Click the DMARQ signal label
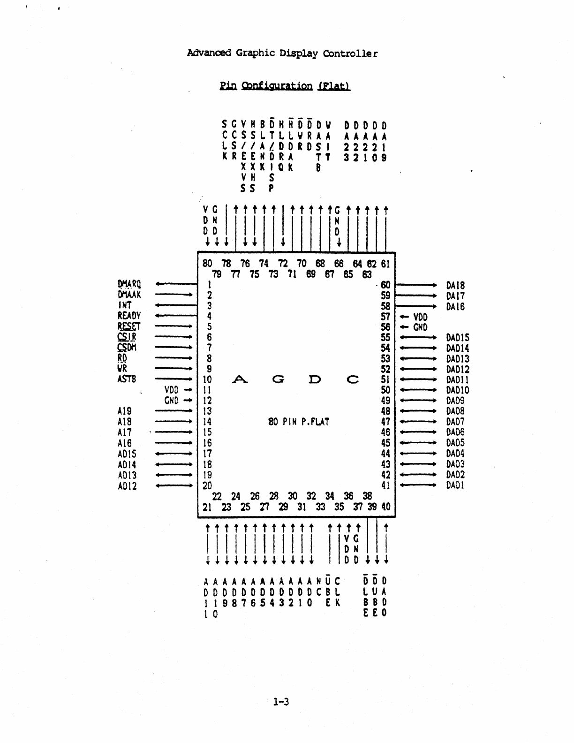click(x=129, y=284)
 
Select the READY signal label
click(x=129, y=316)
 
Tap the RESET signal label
click(x=129, y=326)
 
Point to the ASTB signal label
click(x=127, y=379)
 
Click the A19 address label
click(x=125, y=411)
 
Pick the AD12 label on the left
click(x=127, y=486)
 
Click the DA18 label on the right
click(x=455, y=285)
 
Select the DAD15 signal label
click(x=458, y=338)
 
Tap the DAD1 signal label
click(x=455, y=485)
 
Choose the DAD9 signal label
click(x=455, y=401)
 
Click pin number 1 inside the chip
click(x=210, y=285)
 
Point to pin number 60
click(x=385, y=285)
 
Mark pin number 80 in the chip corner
click(x=207, y=264)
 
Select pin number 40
click(x=385, y=507)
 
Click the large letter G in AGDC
click(x=278, y=379)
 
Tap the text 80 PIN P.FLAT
click(x=299, y=422)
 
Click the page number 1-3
click(x=281, y=702)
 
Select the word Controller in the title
click(x=350, y=53)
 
